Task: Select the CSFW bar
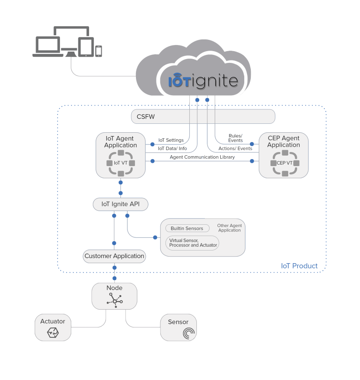(x=202, y=116)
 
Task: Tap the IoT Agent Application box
(x=120, y=155)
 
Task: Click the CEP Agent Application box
(x=284, y=155)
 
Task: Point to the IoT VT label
(x=120, y=163)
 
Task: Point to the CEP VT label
(x=285, y=163)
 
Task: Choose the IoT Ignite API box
(x=120, y=204)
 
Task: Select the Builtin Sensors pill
(x=187, y=228)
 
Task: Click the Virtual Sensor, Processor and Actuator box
(x=193, y=243)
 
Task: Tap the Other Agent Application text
(x=229, y=228)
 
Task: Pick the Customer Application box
(x=114, y=256)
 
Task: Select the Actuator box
(x=53, y=327)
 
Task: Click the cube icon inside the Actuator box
(x=52, y=333)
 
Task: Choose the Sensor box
(x=178, y=327)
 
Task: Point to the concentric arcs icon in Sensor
(x=188, y=334)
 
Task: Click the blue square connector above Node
(x=114, y=278)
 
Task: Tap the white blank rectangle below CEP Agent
(x=256, y=198)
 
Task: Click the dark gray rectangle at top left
(x=67, y=41)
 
